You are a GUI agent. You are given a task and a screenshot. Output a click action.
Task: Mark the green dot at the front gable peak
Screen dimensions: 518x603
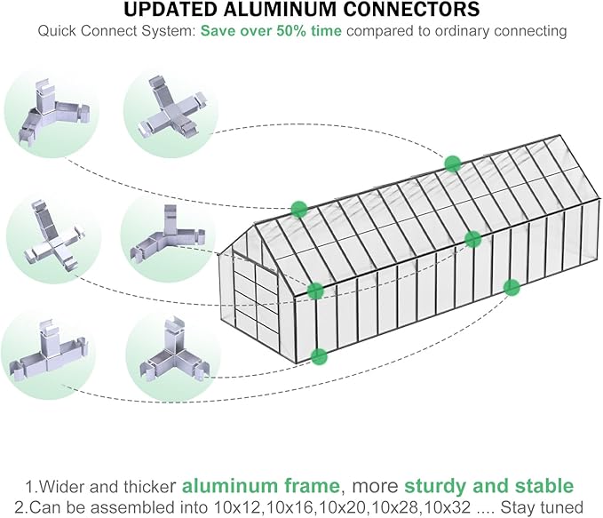click(298, 209)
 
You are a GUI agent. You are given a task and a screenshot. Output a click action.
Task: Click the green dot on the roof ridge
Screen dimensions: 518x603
click(453, 163)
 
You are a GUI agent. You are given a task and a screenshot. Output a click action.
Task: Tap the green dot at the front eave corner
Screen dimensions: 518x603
click(315, 290)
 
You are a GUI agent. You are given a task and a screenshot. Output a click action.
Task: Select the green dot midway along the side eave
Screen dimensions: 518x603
click(472, 238)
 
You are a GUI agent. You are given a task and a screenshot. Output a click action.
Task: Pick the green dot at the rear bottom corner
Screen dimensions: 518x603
click(511, 287)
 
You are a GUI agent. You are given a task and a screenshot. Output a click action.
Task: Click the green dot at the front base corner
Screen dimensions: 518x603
click(319, 356)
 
